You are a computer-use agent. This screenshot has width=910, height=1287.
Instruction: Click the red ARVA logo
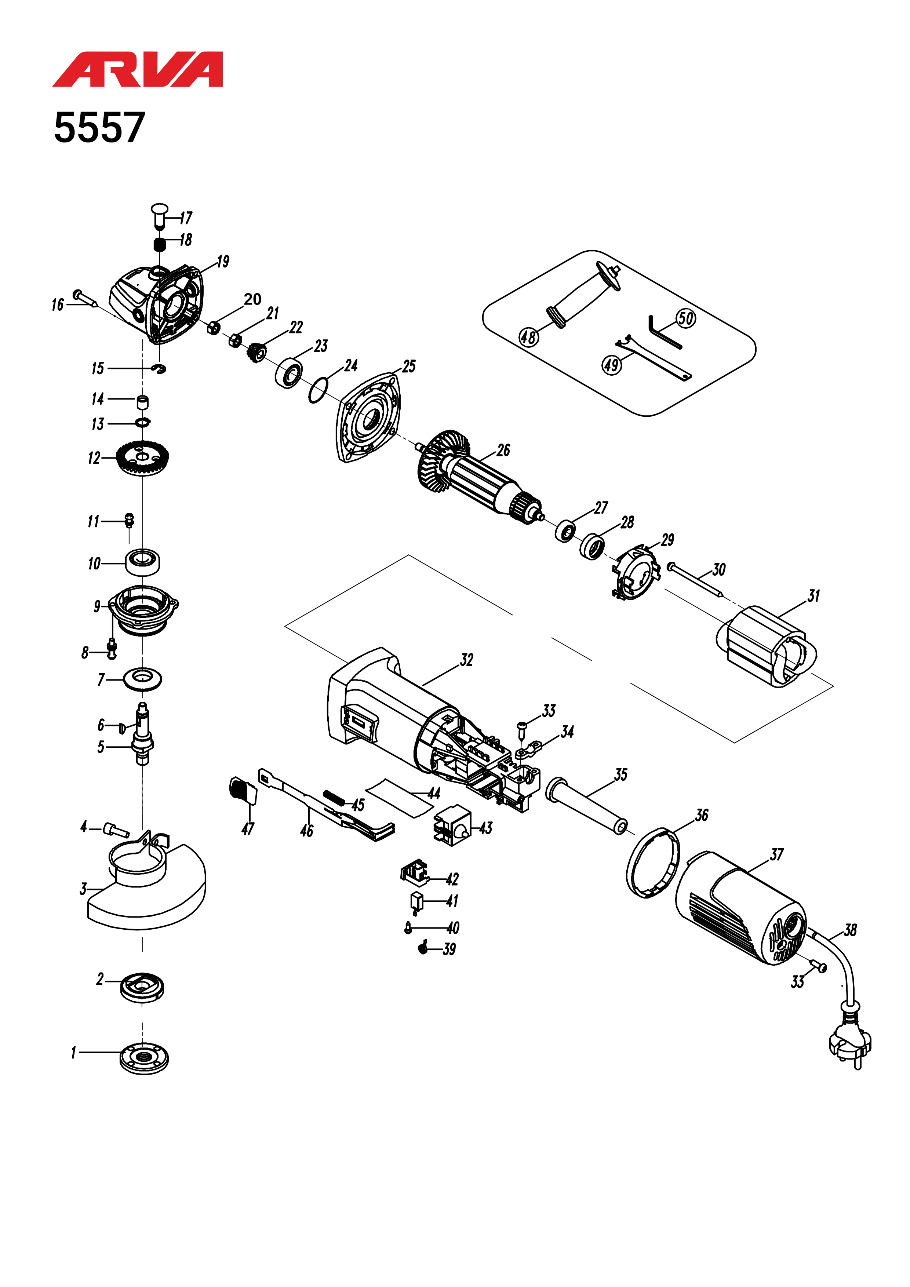138,69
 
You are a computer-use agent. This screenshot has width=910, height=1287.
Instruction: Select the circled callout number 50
686,318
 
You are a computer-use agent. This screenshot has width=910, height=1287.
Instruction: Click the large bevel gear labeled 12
143,457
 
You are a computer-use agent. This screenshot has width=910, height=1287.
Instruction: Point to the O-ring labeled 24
318,390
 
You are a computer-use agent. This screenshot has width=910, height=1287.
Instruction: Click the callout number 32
466,660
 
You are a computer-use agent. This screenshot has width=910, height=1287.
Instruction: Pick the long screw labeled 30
696,580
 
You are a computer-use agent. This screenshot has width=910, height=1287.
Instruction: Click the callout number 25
409,367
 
